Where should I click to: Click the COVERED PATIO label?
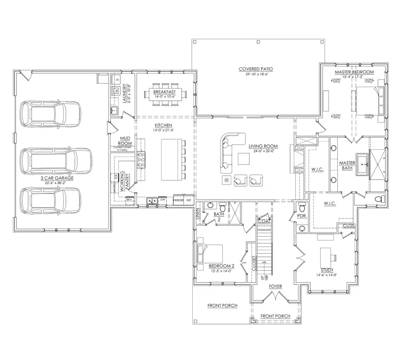[256, 69]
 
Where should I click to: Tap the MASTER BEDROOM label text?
[354, 72]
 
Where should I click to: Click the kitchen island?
[171, 159]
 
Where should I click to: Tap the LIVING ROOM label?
[263, 146]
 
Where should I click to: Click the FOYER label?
[275, 287]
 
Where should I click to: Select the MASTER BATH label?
[347, 165]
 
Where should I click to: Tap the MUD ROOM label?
[119, 141]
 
